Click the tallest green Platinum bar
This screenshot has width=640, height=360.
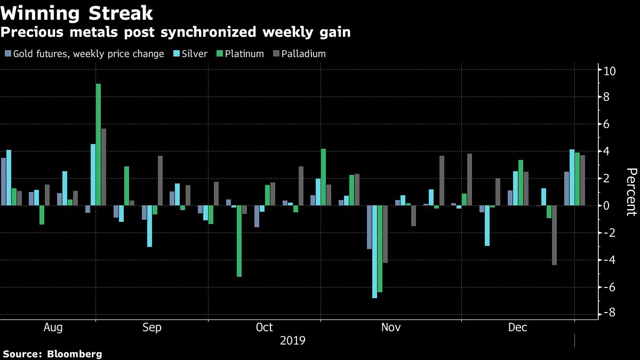coord(98,145)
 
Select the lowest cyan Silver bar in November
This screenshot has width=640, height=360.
coord(374,251)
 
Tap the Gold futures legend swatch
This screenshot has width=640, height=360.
coord(7,54)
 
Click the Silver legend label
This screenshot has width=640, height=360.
coord(195,54)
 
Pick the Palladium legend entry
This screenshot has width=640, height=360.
coord(303,54)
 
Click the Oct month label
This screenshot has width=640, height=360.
coord(265,327)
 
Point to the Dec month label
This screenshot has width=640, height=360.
coord(517,327)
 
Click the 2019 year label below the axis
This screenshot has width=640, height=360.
coord(293,340)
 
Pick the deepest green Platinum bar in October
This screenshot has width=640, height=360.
coord(239,241)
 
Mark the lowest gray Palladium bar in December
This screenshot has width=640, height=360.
coord(554,235)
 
